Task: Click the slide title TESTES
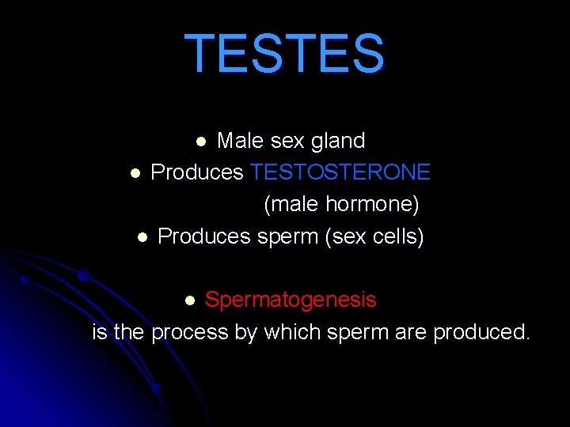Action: tap(284, 54)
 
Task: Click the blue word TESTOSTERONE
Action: tap(340, 172)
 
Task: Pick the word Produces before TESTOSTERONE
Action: tap(197, 172)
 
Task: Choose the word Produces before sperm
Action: tap(204, 236)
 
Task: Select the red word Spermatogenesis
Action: tap(291, 300)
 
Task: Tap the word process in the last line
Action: tap(189, 332)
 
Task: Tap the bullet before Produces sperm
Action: tap(142, 236)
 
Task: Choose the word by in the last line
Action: tap(245, 332)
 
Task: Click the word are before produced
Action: tap(410, 332)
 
